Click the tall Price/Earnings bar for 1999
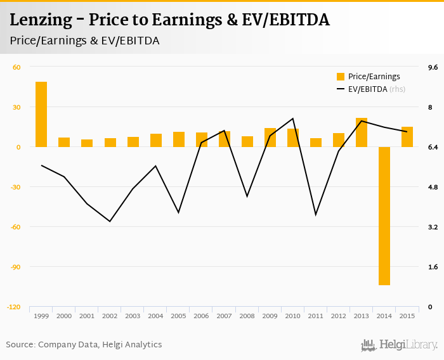(41, 114)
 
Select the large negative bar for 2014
(384, 215)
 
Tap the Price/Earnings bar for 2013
(362, 132)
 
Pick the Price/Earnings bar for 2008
(247, 141)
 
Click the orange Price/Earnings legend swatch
(341, 77)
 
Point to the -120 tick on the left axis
(13, 307)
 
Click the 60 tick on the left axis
(16, 67)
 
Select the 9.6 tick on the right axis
(434, 67)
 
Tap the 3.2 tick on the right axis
(434, 227)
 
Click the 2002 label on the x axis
(110, 316)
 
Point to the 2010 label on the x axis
(292, 316)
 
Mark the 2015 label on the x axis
(407, 316)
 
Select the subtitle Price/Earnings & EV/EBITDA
(84, 41)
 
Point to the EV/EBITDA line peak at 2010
(293, 119)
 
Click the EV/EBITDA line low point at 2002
(110, 221)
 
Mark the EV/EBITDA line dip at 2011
(316, 215)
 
